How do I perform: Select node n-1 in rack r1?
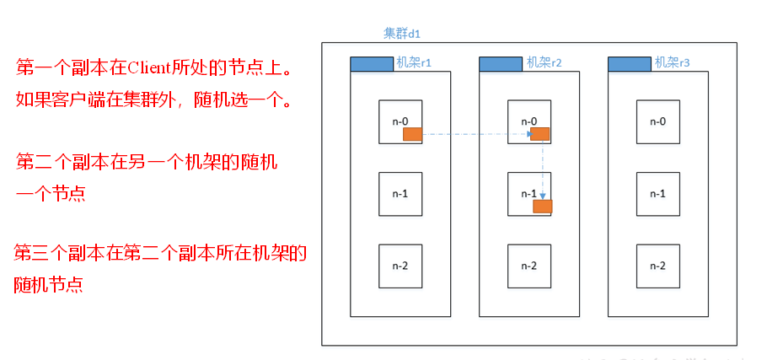tap(400, 193)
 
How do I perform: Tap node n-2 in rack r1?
tap(400, 266)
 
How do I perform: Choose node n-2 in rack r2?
tap(528, 266)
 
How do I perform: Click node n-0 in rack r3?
tap(657, 121)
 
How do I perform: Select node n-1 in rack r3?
tap(657, 193)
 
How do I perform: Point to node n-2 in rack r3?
tap(657, 266)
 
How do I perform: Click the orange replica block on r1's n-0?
tap(412, 134)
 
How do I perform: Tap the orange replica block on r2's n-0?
tap(539, 133)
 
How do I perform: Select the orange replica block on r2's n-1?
tap(543, 206)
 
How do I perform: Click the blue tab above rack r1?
tap(372, 63)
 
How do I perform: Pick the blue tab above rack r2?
tap(501, 63)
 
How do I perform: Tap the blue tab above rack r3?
tap(629, 63)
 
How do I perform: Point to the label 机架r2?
tap(544, 62)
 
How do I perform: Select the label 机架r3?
tap(673, 62)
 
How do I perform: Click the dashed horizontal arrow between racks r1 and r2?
tap(474, 133)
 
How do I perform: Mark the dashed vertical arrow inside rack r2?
tap(542, 169)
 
